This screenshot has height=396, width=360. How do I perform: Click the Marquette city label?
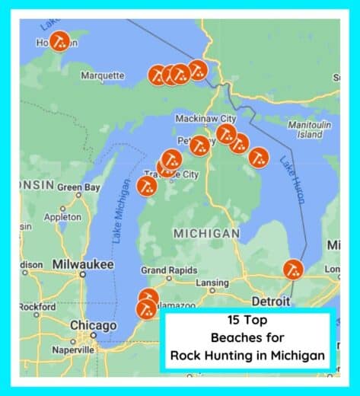(x=102, y=75)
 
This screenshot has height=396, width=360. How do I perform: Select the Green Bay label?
(x=78, y=187)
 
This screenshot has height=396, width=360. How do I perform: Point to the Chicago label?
(x=93, y=325)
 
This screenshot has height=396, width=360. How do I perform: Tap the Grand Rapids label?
(x=168, y=270)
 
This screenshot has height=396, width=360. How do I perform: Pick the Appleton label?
(x=62, y=217)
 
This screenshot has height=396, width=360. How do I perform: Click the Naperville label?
(x=73, y=350)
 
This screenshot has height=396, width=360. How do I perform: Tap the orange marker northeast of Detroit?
(x=293, y=270)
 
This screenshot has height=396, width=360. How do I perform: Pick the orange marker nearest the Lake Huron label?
(x=259, y=158)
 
